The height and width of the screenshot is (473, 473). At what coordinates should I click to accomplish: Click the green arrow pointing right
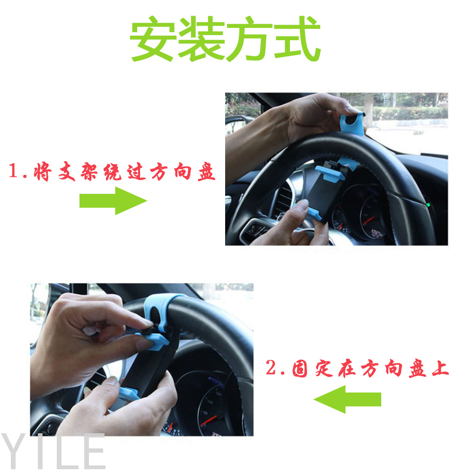113,201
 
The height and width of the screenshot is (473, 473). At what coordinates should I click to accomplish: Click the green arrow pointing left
347,399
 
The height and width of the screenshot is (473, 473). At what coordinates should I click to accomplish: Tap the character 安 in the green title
153,39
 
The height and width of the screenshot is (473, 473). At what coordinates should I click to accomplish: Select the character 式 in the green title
298,39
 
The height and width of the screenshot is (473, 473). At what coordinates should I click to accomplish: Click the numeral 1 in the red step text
14,170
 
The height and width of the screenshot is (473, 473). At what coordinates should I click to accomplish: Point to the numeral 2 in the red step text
271,367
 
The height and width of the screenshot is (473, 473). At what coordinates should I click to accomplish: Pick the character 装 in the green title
201,39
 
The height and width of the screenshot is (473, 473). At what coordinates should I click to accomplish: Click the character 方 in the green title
249,39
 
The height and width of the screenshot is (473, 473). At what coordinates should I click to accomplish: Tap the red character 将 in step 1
42,171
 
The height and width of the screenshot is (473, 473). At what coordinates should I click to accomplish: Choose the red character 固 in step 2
300,368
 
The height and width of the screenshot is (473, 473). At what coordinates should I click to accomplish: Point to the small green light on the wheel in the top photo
428,205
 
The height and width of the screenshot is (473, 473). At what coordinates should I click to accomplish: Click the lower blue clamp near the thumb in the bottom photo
128,394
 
